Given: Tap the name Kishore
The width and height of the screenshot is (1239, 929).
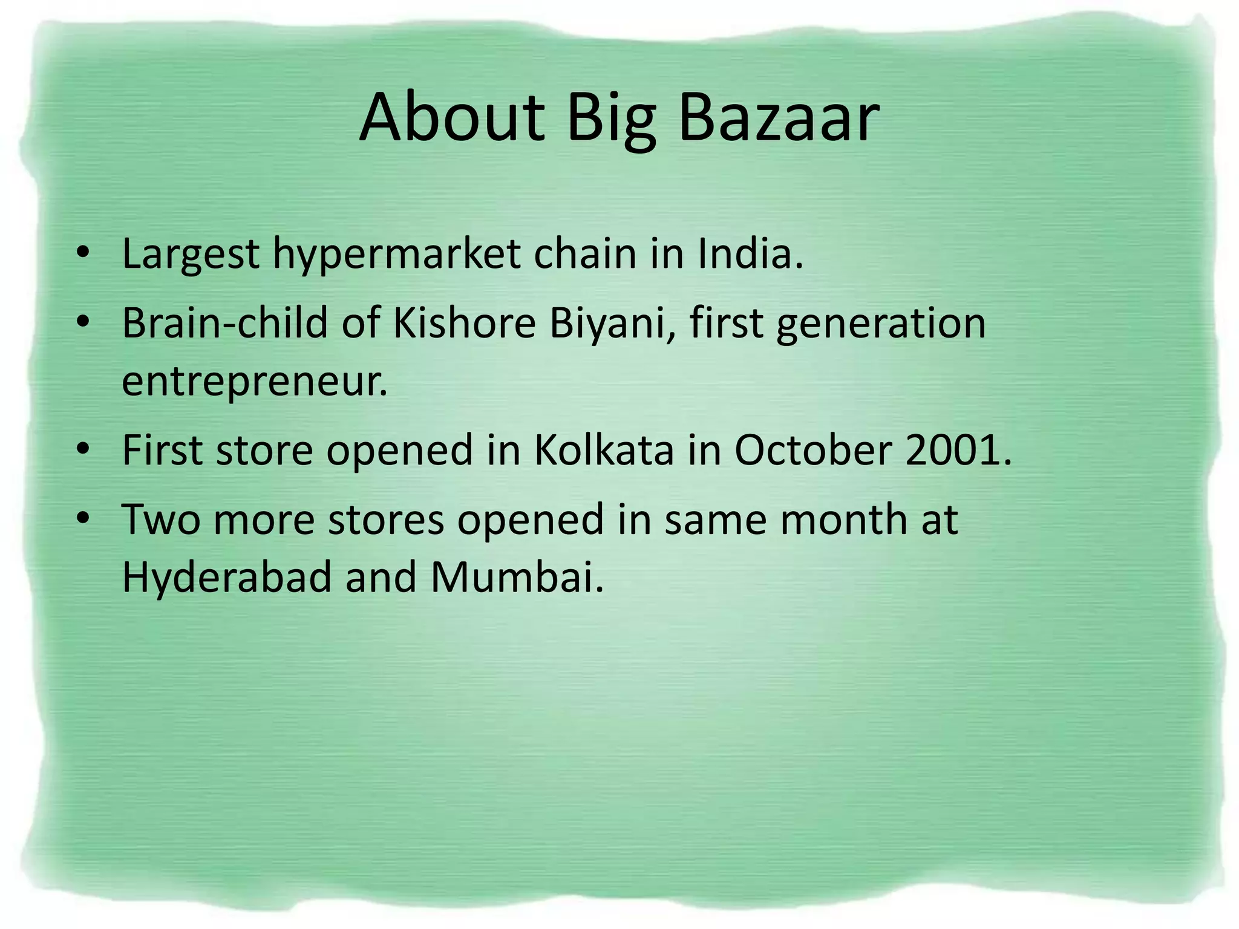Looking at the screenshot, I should point(465,322).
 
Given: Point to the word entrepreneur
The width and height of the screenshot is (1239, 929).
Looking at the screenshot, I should point(254,382).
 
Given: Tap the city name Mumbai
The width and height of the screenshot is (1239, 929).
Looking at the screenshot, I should point(517,577).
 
